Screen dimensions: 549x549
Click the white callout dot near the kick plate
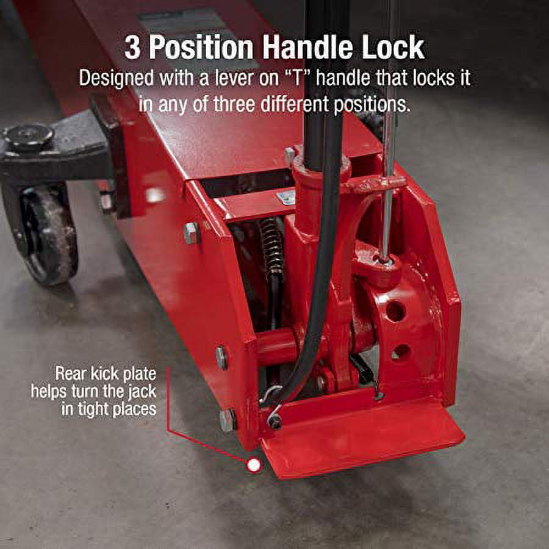(x=254, y=465)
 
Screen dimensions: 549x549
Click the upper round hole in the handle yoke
(x=395, y=311)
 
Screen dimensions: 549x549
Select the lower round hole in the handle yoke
(x=400, y=352)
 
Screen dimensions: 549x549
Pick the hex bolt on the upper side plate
(x=192, y=232)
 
